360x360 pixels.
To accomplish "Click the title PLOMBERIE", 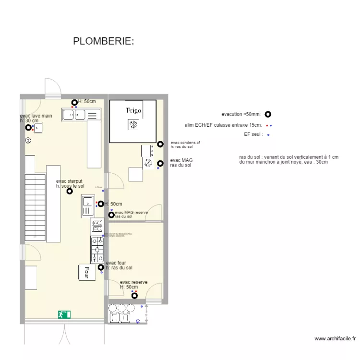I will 103,41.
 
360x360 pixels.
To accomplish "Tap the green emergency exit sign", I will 64,314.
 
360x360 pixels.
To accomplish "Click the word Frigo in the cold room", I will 134,111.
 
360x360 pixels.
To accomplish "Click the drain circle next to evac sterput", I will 70,191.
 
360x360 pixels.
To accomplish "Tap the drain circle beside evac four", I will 101,268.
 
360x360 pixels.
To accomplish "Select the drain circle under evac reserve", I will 128,295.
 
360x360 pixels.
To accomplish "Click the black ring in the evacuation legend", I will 268,114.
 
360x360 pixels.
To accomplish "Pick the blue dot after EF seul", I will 268,135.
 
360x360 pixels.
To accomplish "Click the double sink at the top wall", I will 80,114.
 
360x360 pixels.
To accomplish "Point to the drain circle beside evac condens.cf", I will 160,144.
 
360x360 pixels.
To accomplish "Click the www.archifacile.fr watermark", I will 335,338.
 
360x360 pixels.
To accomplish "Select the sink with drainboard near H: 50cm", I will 88,205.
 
